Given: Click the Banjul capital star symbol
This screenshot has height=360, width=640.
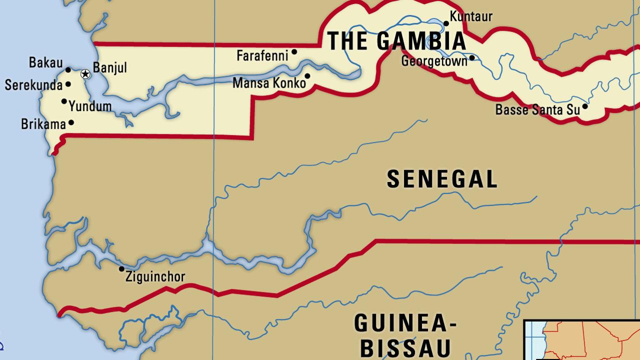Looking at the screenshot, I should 85,74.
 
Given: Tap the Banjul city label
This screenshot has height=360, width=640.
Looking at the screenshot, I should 110,67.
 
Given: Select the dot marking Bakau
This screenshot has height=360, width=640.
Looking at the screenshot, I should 68,70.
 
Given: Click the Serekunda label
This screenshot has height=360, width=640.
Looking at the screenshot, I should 33,85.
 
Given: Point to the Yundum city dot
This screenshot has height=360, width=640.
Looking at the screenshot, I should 64,101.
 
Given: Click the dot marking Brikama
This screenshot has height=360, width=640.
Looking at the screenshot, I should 71,122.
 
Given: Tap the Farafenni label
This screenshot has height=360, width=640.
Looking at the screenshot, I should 262,55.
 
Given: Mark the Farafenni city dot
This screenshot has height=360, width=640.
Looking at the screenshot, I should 294,51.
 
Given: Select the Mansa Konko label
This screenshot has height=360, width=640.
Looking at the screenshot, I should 269,83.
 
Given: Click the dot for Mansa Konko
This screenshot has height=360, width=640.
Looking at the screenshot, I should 307,76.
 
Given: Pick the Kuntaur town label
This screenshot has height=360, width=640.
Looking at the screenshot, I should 471,16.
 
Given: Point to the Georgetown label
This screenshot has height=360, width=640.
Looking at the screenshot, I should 434,61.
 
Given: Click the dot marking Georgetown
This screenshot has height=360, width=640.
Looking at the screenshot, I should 472,58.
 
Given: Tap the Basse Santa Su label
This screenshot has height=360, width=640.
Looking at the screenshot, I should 537,109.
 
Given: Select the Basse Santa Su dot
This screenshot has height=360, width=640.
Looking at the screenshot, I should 585,106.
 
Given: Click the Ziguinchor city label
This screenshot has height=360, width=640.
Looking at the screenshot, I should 155,276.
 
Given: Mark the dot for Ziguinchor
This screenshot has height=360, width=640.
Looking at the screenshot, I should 121,269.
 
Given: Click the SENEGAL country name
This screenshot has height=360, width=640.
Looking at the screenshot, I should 442,179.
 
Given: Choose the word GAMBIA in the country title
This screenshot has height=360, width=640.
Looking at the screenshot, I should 421,41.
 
